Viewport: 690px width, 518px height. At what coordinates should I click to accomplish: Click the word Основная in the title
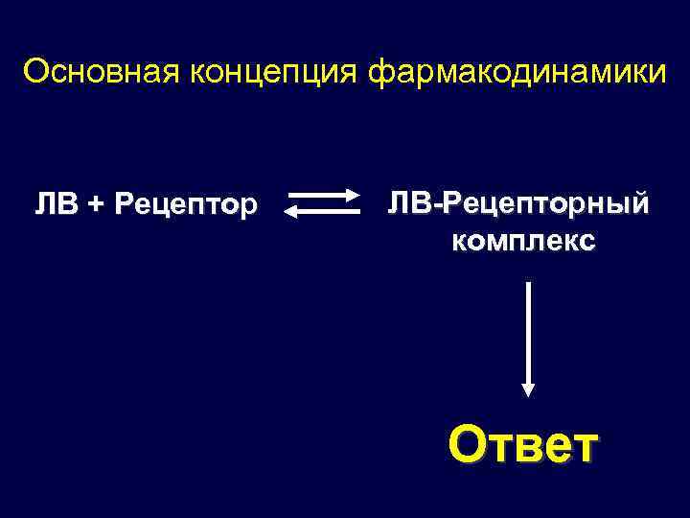point(79,73)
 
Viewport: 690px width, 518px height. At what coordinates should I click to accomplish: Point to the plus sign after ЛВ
point(97,204)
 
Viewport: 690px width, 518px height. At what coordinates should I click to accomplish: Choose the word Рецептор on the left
point(185,204)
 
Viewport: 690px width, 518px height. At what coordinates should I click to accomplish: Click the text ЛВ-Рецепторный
point(518,204)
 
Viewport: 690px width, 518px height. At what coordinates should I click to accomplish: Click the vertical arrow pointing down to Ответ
point(527,336)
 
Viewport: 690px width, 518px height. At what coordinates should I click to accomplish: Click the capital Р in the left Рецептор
point(122,204)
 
